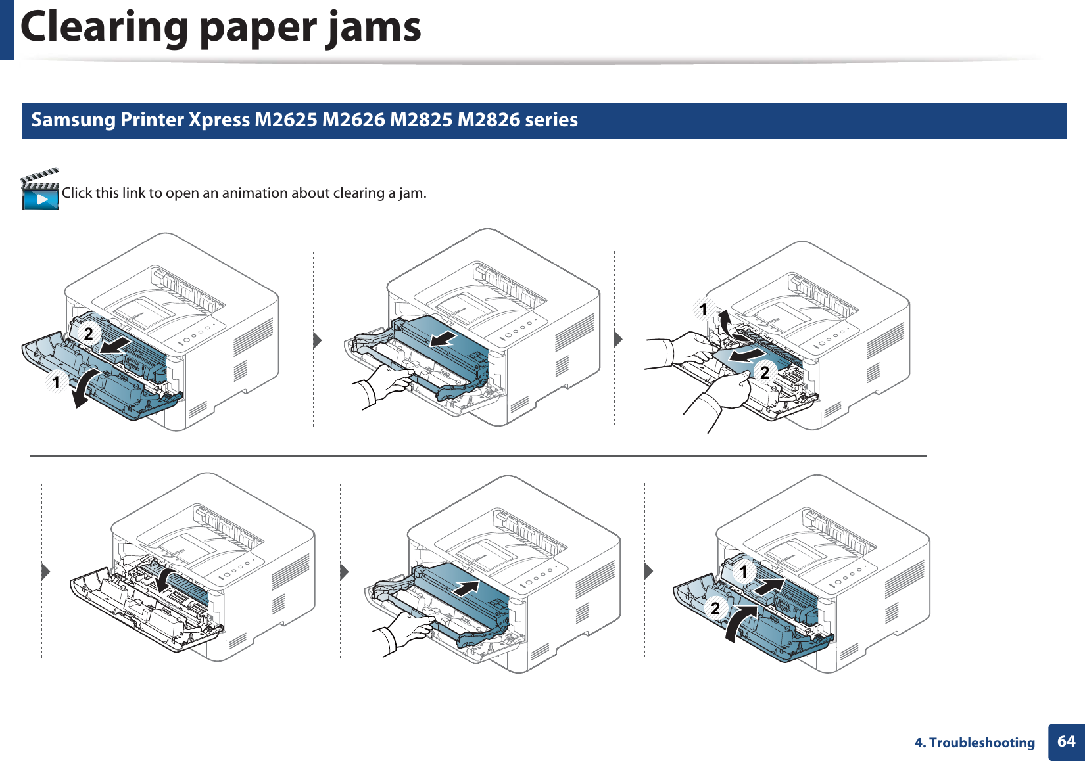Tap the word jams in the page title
[x=375, y=28]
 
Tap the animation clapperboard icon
[x=40, y=190]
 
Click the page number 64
[x=1066, y=741]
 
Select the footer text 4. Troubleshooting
[x=975, y=743]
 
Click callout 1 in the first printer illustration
[x=57, y=382]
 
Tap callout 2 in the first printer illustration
[x=88, y=334]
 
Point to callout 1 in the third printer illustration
[x=703, y=309]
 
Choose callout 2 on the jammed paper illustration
[x=764, y=373]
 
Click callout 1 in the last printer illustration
[x=744, y=572]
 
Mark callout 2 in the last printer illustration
[x=715, y=608]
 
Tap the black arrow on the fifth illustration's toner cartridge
[x=466, y=587]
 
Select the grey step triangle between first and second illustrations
[x=317, y=340]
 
